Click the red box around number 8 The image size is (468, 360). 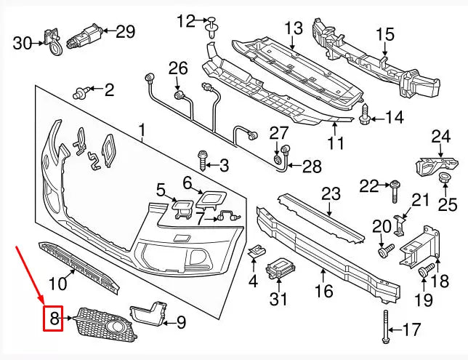tap(54, 318)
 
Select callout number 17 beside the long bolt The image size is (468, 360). tap(411, 330)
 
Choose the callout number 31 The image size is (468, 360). tap(279, 299)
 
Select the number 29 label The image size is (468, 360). tap(126, 31)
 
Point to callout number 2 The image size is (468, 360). tap(109, 90)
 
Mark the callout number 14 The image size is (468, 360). tap(393, 117)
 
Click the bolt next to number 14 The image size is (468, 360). tap(365, 113)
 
